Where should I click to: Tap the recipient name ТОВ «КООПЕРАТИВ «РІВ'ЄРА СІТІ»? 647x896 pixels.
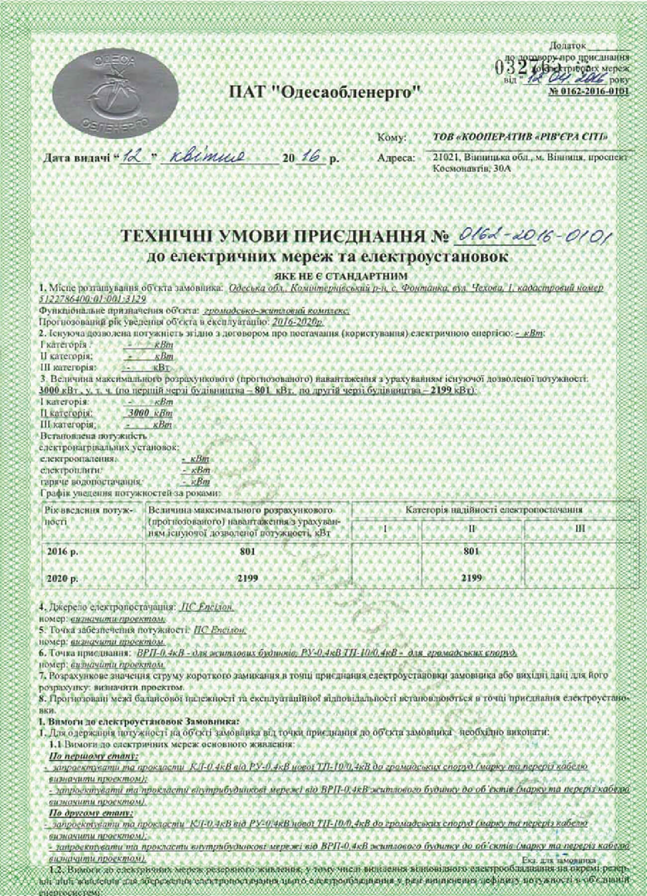coord(521,137)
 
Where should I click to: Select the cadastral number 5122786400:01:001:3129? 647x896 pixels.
coord(93,299)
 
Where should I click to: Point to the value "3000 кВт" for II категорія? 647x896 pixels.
coord(148,413)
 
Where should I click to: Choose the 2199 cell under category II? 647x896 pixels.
coord(471,578)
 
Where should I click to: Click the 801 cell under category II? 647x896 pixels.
coord(471,551)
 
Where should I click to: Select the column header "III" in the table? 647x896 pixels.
coord(579,529)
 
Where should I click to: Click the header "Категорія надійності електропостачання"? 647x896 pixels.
coord(494,510)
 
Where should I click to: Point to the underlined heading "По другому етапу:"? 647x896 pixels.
coord(91,813)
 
